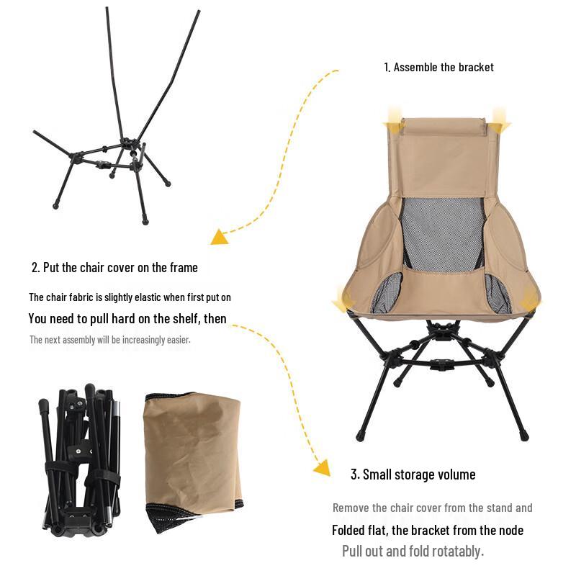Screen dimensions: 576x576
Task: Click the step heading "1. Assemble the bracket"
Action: (x=438, y=67)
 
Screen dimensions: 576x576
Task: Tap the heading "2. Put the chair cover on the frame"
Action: (x=114, y=267)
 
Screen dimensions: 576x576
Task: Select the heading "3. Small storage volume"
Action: (x=413, y=474)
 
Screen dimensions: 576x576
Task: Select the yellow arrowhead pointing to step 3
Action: (x=322, y=469)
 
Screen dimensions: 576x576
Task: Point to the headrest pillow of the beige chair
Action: (x=444, y=127)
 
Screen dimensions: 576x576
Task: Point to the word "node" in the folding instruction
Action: (x=508, y=531)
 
